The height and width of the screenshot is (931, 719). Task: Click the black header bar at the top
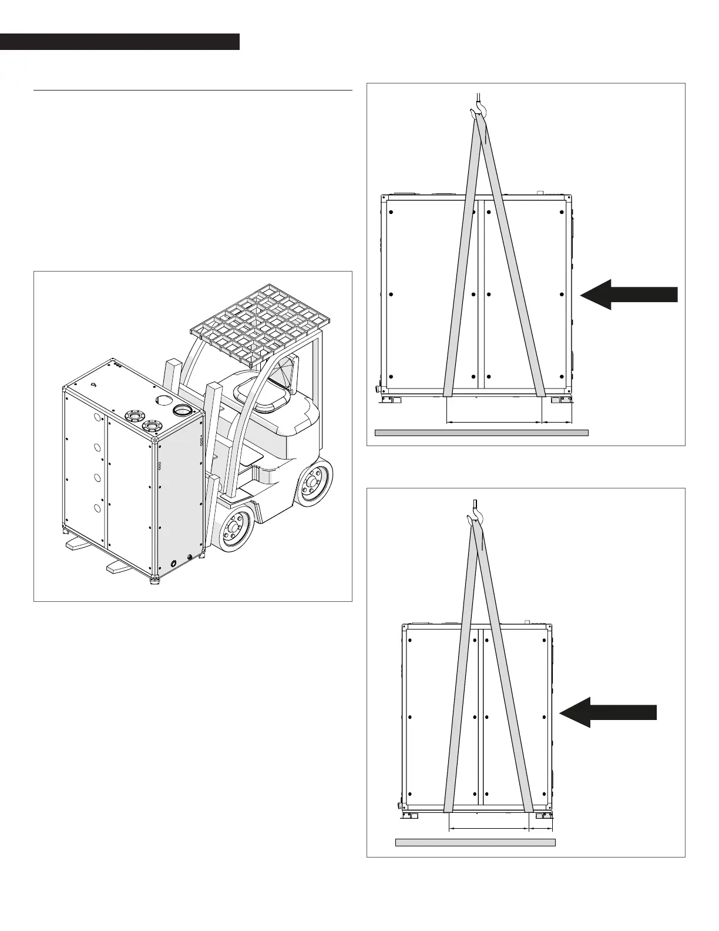pyautogui.click(x=120, y=42)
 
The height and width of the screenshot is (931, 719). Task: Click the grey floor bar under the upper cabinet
pyautogui.click(x=482, y=433)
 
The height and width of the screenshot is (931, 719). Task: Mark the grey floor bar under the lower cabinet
pyautogui.click(x=475, y=842)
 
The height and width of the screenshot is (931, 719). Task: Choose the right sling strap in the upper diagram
pyautogui.click(x=515, y=264)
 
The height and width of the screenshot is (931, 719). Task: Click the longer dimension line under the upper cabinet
pyautogui.click(x=493, y=422)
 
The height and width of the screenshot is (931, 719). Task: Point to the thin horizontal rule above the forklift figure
pyautogui.click(x=193, y=91)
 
